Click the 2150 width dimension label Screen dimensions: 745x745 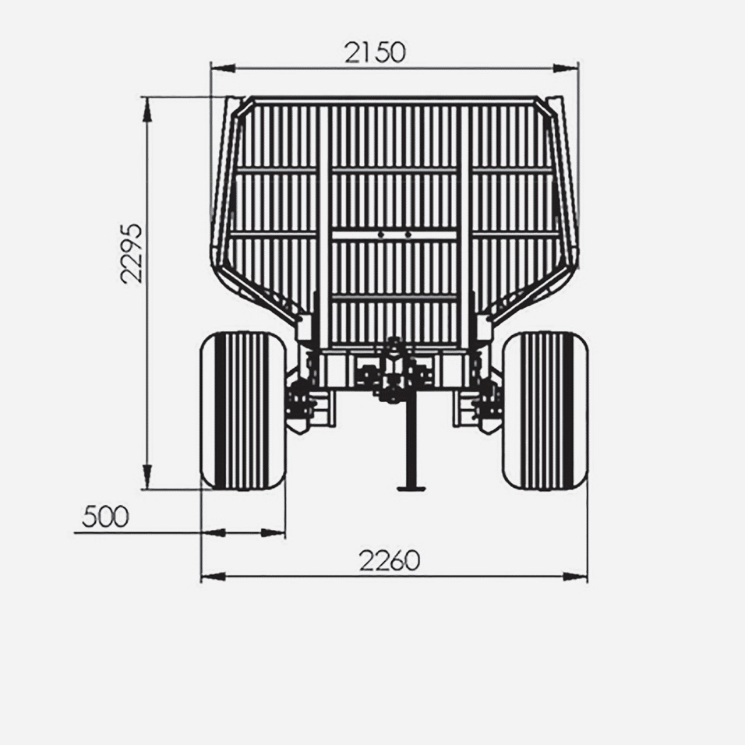376,52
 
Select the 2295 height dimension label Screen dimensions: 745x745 132,253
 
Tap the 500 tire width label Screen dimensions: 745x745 105,517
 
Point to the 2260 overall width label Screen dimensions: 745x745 390,560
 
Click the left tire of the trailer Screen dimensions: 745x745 243,411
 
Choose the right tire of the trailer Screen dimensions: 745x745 546,411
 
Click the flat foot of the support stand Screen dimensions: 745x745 411,488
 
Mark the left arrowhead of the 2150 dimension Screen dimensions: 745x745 222,69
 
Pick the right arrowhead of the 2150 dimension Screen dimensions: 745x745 566,69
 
